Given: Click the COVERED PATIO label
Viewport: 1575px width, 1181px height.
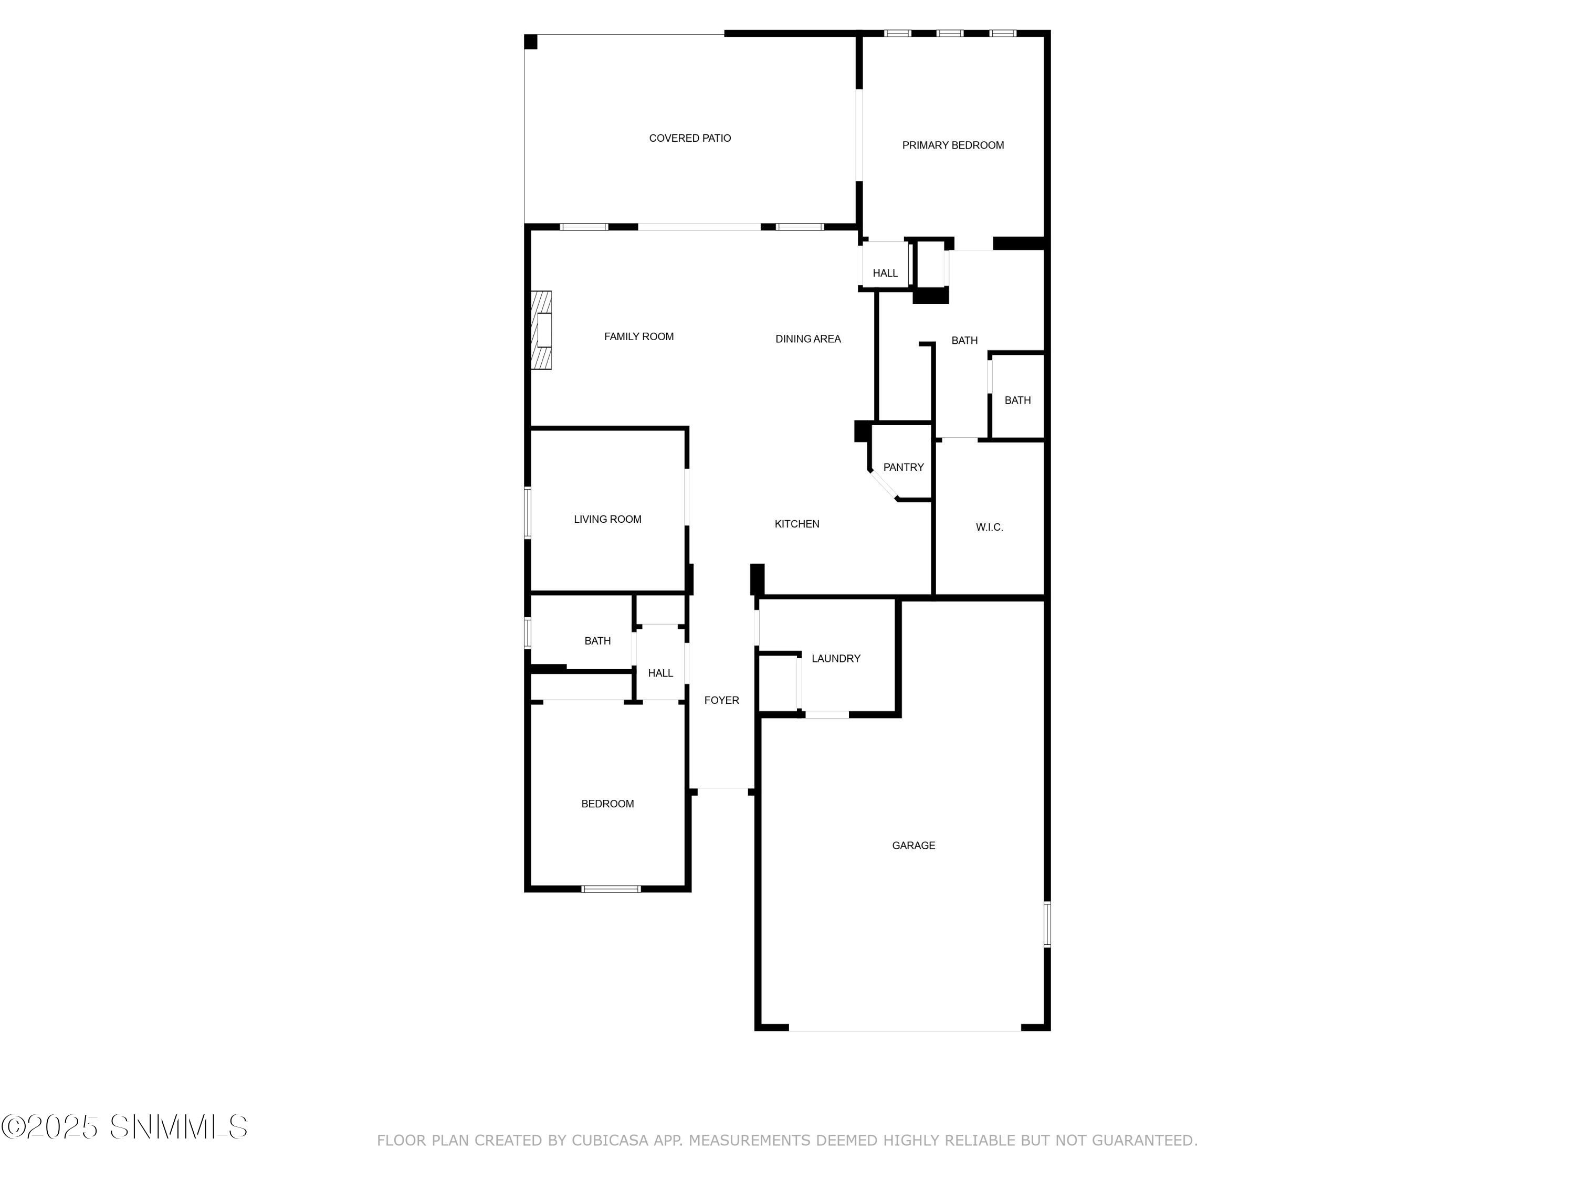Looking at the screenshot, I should (x=689, y=138).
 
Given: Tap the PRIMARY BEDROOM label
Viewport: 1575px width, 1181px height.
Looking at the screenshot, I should (x=953, y=145).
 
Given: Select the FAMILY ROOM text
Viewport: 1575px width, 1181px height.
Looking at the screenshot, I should (x=639, y=337).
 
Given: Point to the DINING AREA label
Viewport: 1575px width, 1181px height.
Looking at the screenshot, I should (x=807, y=339).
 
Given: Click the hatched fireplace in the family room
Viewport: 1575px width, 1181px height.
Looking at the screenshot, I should (x=542, y=330).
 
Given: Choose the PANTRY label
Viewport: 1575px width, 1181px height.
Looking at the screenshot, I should (x=903, y=467).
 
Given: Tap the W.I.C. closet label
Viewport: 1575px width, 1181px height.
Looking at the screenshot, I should (x=989, y=527).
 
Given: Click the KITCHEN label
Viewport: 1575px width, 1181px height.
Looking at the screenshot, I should (x=797, y=524).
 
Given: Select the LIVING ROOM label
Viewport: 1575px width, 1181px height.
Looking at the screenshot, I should (x=607, y=519).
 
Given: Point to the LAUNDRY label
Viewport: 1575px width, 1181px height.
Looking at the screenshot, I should (x=835, y=659).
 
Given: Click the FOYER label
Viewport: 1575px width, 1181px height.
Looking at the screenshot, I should (x=721, y=701).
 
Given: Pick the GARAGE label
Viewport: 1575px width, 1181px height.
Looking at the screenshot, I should (x=913, y=845).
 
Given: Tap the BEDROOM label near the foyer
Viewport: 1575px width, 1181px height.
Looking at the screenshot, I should (x=607, y=804).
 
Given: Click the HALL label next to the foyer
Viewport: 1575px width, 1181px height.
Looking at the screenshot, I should (x=660, y=673).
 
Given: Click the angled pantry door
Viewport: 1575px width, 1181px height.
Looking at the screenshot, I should (x=884, y=486).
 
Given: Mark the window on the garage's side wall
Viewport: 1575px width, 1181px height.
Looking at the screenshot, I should (x=1047, y=924).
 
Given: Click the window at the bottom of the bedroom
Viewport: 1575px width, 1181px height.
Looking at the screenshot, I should (x=611, y=889).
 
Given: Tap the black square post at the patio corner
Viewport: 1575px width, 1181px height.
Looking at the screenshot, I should (x=530, y=42).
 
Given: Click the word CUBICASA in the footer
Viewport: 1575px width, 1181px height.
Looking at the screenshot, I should (x=610, y=1141).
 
